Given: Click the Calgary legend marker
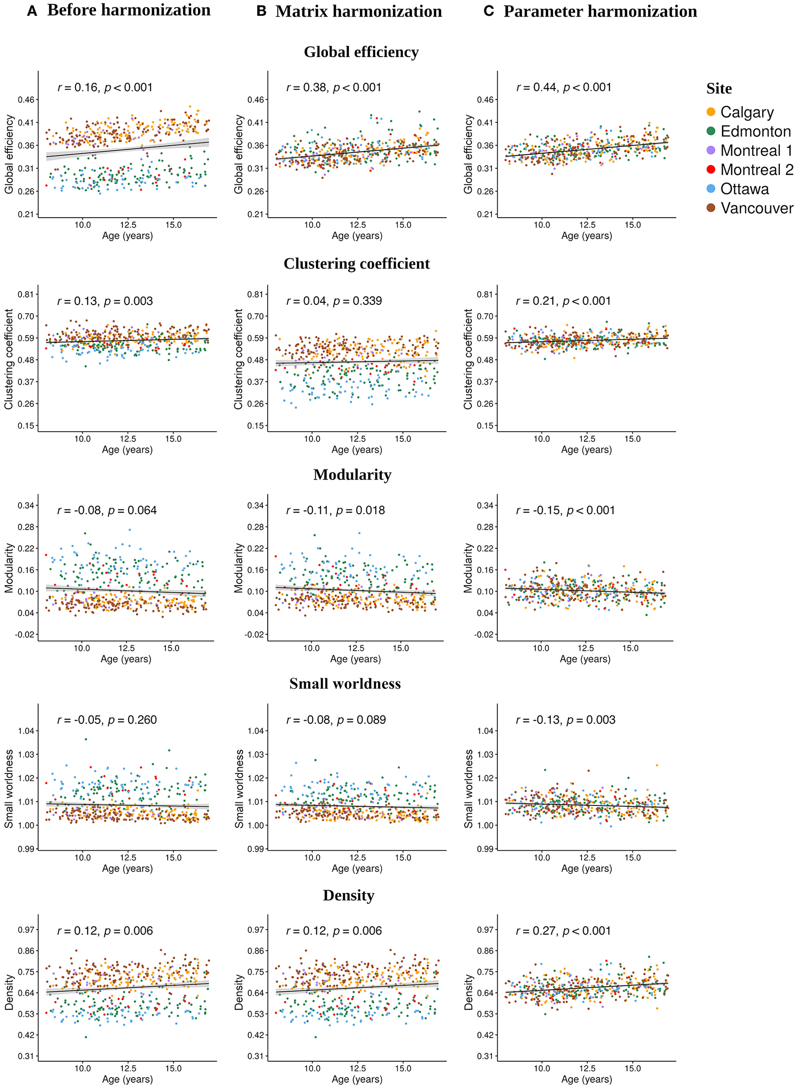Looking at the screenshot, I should pyautogui.click(x=710, y=112).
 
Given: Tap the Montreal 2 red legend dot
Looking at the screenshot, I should pyautogui.click(x=710, y=170).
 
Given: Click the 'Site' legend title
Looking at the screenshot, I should pyautogui.click(x=718, y=89).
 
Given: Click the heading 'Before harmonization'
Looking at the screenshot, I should pyautogui.click(x=128, y=10).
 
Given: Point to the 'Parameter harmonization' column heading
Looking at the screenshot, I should pyautogui.click(x=600, y=11).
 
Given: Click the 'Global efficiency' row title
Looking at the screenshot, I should pyautogui.click(x=361, y=52).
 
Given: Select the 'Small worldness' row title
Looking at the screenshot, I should pyautogui.click(x=345, y=684).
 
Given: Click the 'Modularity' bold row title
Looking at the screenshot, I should pyautogui.click(x=352, y=475).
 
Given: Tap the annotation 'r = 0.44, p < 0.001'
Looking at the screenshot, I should pyautogui.click(x=564, y=87).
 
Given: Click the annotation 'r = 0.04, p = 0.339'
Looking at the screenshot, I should pyautogui.click(x=334, y=301).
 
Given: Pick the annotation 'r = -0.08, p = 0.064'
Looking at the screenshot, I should pyautogui.click(x=107, y=510).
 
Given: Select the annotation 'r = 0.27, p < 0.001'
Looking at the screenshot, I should pyautogui.click(x=563, y=931).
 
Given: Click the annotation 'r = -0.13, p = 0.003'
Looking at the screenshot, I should pyautogui.click(x=565, y=720).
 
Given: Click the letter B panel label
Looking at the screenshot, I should pyautogui.click(x=261, y=11).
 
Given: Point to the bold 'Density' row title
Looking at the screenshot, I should pyautogui.click(x=348, y=895).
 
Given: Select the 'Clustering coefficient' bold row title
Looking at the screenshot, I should pyautogui.click(x=357, y=264).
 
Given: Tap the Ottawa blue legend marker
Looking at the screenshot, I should pyautogui.click(x=710, y=188).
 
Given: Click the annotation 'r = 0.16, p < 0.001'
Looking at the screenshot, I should pyautogui.click(x=105, y=87).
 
